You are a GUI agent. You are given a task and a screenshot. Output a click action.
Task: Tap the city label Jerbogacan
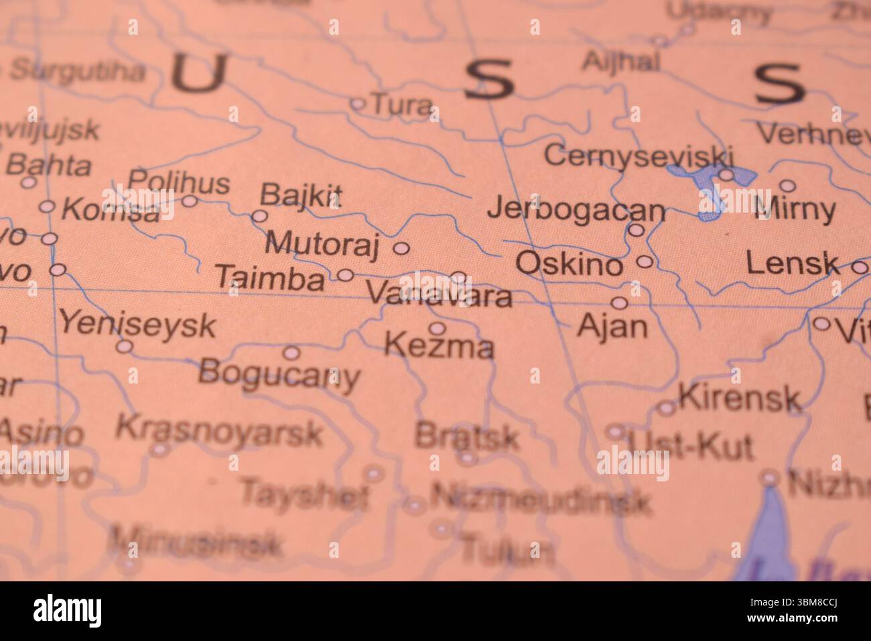click(576, 210)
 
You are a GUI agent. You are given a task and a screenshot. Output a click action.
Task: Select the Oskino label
click(569, 264)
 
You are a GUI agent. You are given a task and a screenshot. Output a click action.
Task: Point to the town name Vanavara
click(440, 295)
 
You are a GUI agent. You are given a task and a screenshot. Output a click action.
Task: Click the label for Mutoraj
click(322, 243)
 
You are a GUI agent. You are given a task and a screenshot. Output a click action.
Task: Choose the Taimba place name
click(270, 278)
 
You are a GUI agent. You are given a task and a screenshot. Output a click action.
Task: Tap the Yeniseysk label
click(137, 325)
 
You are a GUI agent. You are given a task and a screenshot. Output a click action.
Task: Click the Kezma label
click(440, 347)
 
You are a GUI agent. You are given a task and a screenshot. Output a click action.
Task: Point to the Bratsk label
click(466, 437)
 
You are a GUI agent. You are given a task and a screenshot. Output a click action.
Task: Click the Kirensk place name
click(740, 398)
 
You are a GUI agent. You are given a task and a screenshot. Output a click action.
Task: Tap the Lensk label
click(792, 264)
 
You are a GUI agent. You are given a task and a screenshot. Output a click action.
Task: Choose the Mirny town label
click(795, 210)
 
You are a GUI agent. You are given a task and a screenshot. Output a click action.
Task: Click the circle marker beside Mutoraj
click(401, 248)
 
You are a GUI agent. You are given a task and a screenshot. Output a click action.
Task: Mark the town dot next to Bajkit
click(259, 217)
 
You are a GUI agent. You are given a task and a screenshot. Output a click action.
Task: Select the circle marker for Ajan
click(620, 303)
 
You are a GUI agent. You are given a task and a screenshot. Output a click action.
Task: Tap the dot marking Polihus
click(190, 200)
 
